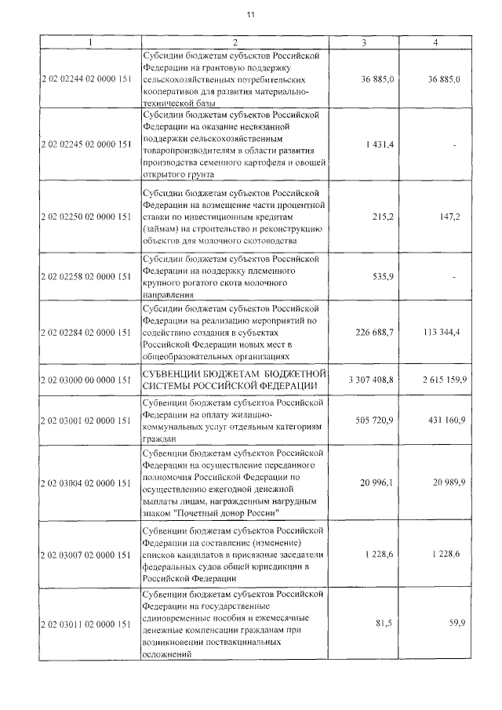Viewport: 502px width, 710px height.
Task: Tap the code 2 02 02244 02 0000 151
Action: click(x=85, y=81)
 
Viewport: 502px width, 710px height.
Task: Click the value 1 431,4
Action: click(x=380, y=146)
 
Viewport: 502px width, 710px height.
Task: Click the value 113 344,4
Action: click(x=444, y=333)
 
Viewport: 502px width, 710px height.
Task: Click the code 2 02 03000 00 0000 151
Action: click(x=85, y=380)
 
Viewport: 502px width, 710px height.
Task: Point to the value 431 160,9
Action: click(x=444, y=421)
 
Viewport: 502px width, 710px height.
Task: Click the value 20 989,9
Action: click(x=447, y=482)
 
